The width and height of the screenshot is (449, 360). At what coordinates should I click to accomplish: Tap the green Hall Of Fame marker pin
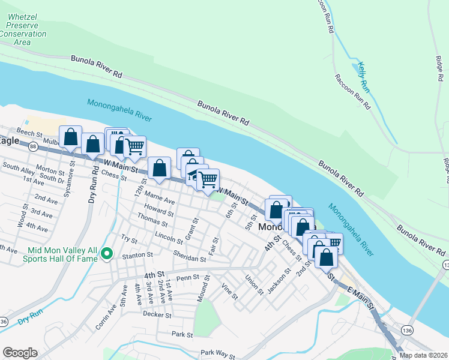point(107,254)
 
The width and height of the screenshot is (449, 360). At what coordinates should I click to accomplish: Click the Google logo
point(20,353)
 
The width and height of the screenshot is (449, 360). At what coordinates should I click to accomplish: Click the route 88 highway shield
point(32,146)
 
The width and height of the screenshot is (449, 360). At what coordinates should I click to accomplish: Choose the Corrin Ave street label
point(106,319)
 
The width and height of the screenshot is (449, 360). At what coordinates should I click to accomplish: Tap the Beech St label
point(28,132)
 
